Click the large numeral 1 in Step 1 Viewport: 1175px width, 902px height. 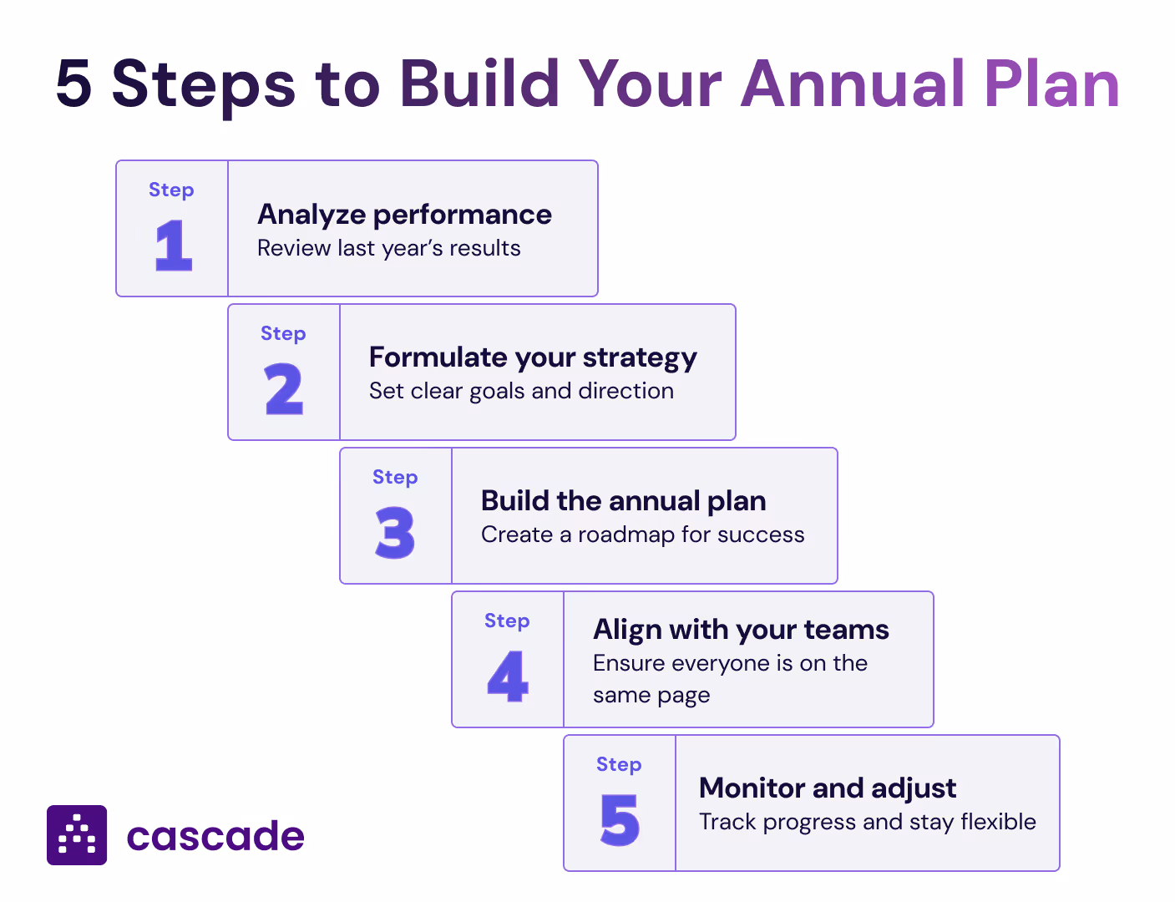(x=174, y=246)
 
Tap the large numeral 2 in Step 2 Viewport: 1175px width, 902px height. (x=284, y=389)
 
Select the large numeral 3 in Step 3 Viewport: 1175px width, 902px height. (x=395, y=533)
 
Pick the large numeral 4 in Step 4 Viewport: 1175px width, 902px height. (x=507, y=676)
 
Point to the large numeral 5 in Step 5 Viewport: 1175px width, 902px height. (x=620, y=820)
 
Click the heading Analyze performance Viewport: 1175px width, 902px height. (x=404, y=215)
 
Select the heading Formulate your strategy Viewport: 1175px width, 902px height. (x=533, y=358)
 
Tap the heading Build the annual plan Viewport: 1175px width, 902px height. (x=623, y=501)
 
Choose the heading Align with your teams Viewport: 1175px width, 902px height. (x=741, y=629)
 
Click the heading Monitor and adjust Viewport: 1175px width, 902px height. (x=828, y=788)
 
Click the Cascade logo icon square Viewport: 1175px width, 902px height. (x=77, y=835)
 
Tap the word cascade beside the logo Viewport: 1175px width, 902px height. (x=215, y=836)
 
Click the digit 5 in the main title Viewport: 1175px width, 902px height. (x=73, y=84)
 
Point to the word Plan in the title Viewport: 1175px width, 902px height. (x=1051, y=84)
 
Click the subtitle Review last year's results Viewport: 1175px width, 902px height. (x=388, y=248)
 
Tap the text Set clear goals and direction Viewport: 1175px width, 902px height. (x=521, y=391)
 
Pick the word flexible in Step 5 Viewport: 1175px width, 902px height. (x=998, y=822)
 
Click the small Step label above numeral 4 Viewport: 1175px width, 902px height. (x=507, y=621)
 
